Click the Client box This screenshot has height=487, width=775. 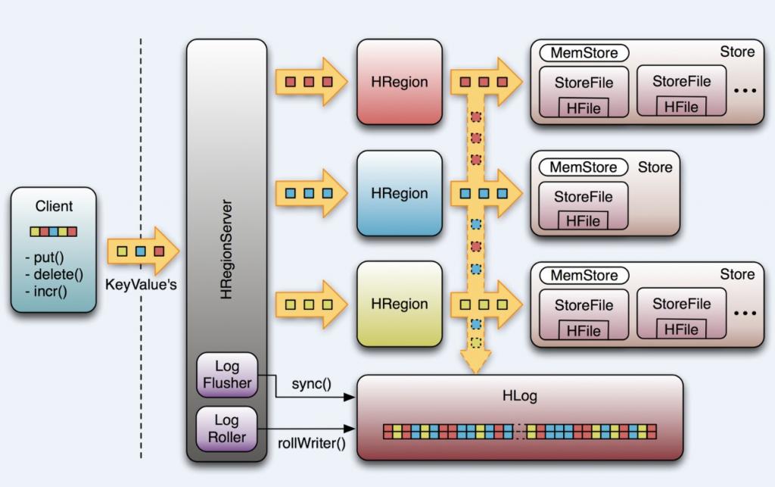coord(54,250)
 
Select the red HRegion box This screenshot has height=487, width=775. coord(399,82)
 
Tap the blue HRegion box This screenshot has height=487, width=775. coord(399,193)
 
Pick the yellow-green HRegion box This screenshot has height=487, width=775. coord(399,304)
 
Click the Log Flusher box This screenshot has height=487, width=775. coord(226,374)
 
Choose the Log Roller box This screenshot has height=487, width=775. coord(226,429)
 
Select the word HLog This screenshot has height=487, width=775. coord(518,395)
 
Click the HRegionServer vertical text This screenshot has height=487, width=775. coord(226,249)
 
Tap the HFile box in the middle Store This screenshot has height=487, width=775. coord(583,220)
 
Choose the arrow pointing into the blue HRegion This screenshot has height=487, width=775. coord(310,193)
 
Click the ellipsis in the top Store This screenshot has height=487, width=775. coord(745,91)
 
